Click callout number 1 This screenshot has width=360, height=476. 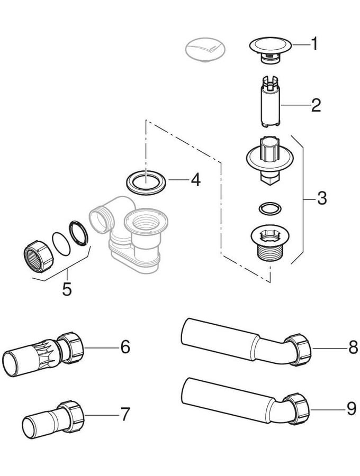tap(314, 44)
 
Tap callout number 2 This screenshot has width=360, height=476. tap(316, 105)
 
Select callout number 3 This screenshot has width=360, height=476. tap(321, 199)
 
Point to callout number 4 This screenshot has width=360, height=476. tap(195, 180)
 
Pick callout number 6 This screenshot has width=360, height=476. tap(125, 347)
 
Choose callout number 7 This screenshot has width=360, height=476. tap(125, 414)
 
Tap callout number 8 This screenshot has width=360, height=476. tap(353, 347)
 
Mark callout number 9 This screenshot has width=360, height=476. tap(352, 408)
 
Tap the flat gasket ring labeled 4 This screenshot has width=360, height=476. tap(147, 181)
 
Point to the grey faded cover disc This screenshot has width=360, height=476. tap(204, 49)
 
